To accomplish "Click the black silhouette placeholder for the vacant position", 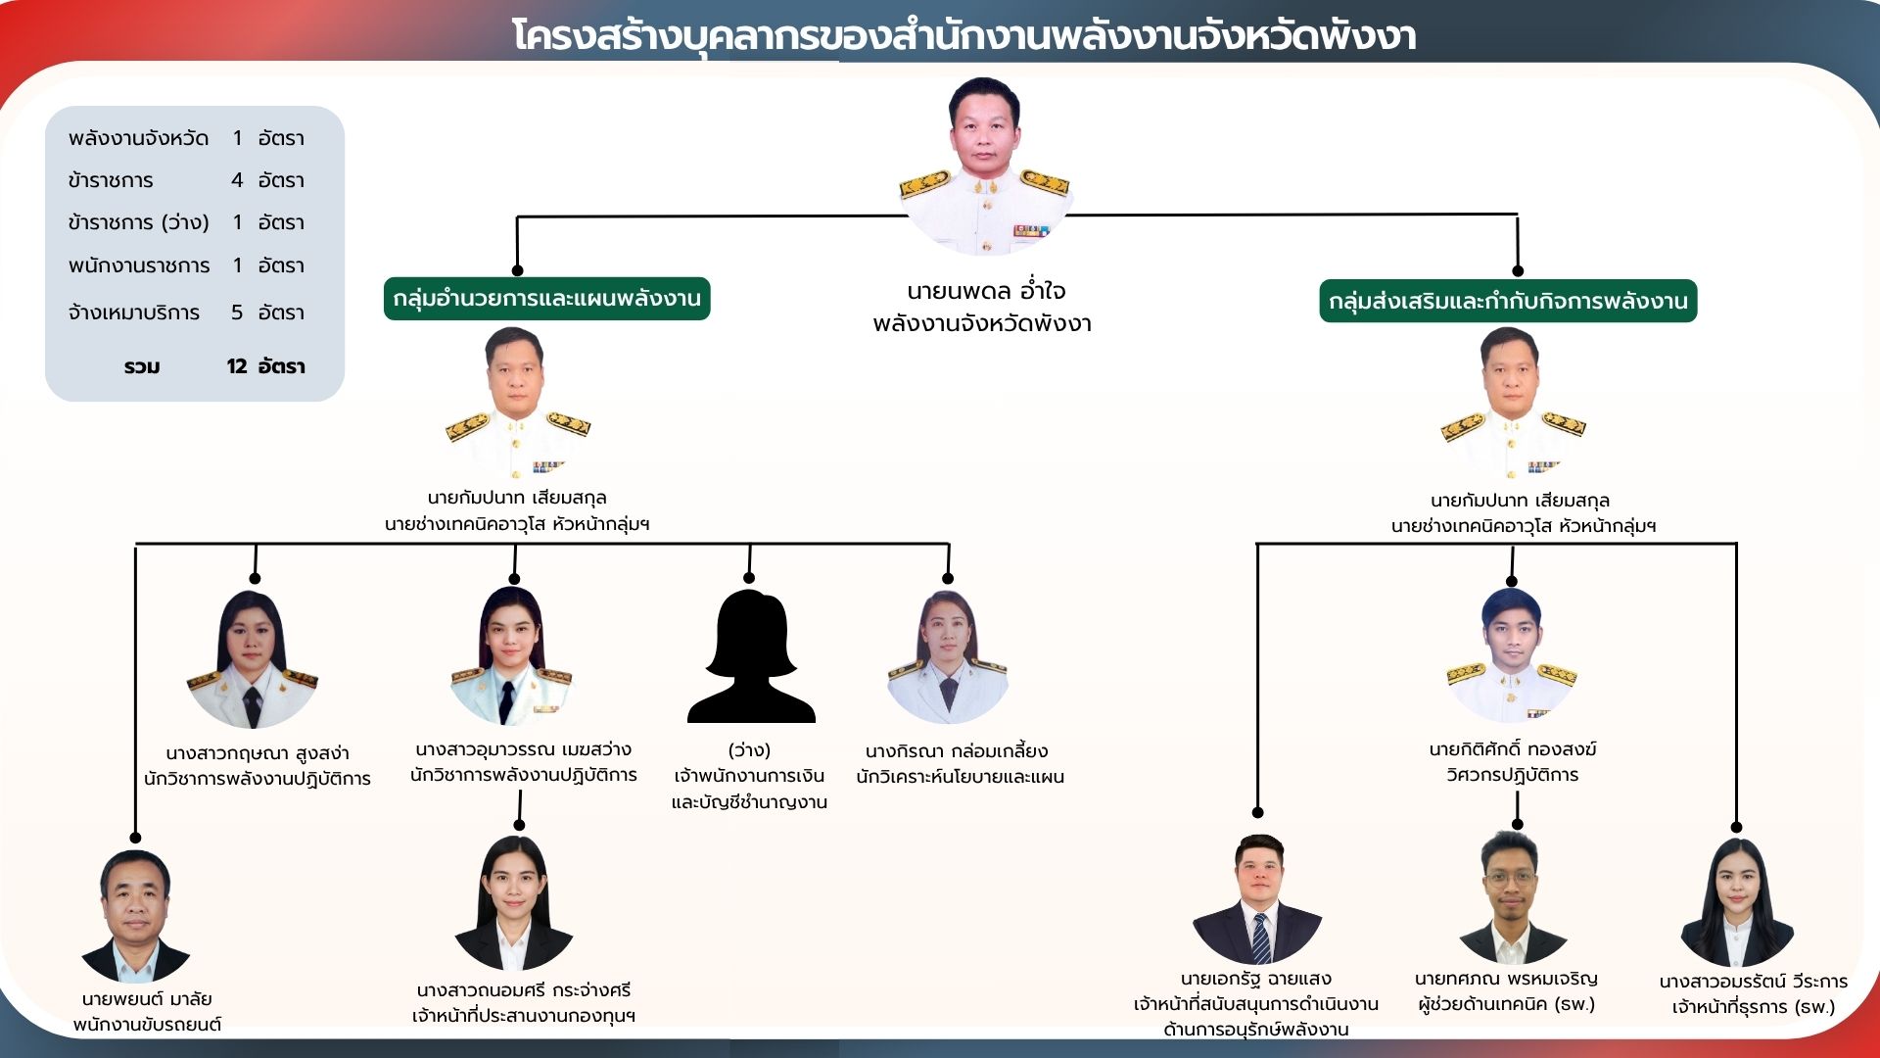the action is tap(751, 656).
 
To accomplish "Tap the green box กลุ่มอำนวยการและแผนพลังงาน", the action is tap(546, 299).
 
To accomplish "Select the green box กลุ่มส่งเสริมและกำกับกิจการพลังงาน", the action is tap(1508, 301).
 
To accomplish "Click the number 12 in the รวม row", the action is tap(237, 366).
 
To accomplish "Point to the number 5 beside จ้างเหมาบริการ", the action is tap(237, 313).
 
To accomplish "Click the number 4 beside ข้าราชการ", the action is tap(237, 180).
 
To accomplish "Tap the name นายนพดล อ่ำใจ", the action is tap(985, 291).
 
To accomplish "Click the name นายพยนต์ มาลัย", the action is tap(147, 999).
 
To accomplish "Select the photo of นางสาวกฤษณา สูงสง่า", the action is tap(253, 658).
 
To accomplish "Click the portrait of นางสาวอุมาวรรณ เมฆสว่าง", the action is tap(510, 655).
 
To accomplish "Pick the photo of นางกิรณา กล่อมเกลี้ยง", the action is tap(947, 657).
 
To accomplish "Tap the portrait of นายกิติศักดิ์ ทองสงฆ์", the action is tap(1512, 655).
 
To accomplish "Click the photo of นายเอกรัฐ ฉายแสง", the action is tap(1257, 898).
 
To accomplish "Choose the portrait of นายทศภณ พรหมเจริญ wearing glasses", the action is tap(1511, 896).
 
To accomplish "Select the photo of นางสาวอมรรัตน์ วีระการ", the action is tap(1737, 902).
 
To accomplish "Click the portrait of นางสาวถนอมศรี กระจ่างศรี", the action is tap(514, 902).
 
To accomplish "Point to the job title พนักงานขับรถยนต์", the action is tap(147, 1025).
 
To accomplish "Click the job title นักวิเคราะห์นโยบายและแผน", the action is tap(960, 777).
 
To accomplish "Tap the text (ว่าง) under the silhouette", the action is tap(749, 750).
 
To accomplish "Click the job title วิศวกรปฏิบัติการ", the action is tap(1513, 775).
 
